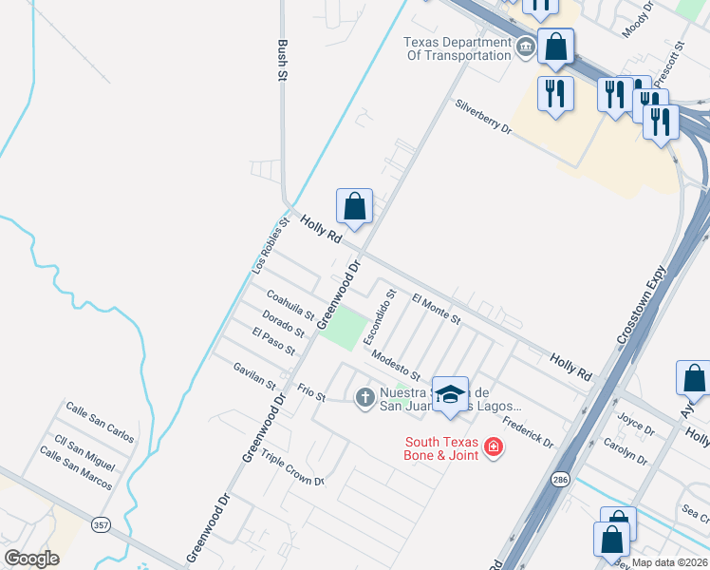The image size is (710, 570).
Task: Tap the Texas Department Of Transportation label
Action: click(x=458, y=48)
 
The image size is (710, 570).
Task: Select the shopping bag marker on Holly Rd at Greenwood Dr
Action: click(x=354, y=205)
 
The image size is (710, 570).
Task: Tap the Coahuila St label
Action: click(x=290, y=306)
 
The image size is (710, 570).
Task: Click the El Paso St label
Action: click(x=273, y=342)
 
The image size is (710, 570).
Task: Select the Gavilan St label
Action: click(x=254, y=375)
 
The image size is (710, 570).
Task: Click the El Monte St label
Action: click(x=437, y=308)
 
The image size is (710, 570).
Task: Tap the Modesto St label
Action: click(x=396, y=363)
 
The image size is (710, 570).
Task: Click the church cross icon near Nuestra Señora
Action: click(x=364, y=397)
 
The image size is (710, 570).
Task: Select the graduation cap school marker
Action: click(x=450, y=392)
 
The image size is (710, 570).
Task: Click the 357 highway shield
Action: click(x=101, y=524)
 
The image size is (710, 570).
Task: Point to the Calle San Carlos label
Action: click(x=100, y=421)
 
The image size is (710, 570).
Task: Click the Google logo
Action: click(x=31, y=559)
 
